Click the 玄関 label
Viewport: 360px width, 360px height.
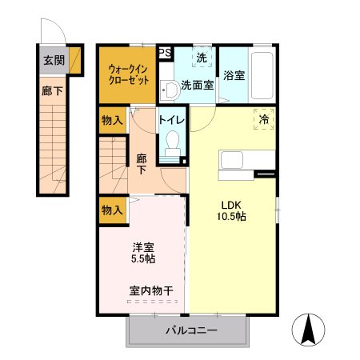(x=53, y=60)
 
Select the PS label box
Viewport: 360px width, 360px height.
(x=166, y=53)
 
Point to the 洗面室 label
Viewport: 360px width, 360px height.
(x=196, y=84)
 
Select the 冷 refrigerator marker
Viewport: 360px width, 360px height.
(x=265, y=118)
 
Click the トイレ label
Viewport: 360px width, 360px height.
(x=172, y=120)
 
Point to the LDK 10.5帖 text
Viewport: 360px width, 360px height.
(x=231, y=209)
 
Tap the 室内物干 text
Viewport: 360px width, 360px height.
(x=150, y=291)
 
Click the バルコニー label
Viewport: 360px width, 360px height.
(x=191, y=330)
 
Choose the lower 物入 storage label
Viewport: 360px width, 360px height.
(x=112, y=210)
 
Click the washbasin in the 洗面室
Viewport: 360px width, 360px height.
(x=167, y=89)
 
